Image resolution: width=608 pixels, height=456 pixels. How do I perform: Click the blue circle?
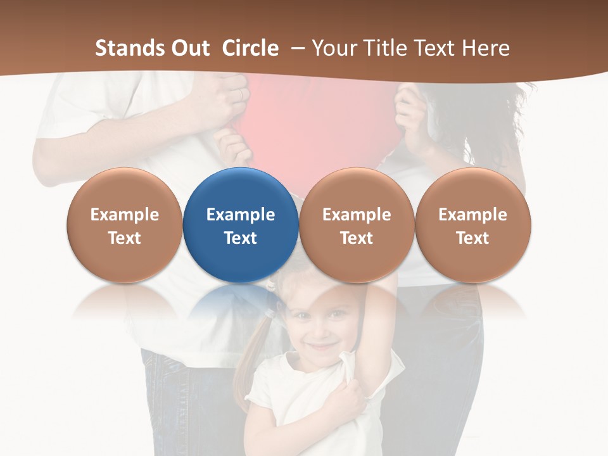point(241,225)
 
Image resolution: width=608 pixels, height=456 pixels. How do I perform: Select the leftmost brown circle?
point(124,225)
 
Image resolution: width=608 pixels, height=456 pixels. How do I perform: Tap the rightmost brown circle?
point(473,225)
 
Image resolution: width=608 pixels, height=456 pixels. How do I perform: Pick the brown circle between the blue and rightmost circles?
point(357,225)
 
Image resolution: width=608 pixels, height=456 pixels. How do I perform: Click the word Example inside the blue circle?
point(241,215)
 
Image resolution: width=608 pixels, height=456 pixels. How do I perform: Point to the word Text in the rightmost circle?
point(472,238)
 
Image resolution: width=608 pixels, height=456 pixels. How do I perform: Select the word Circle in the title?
point(250,48)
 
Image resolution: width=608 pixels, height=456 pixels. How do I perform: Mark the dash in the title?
point(296,48)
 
